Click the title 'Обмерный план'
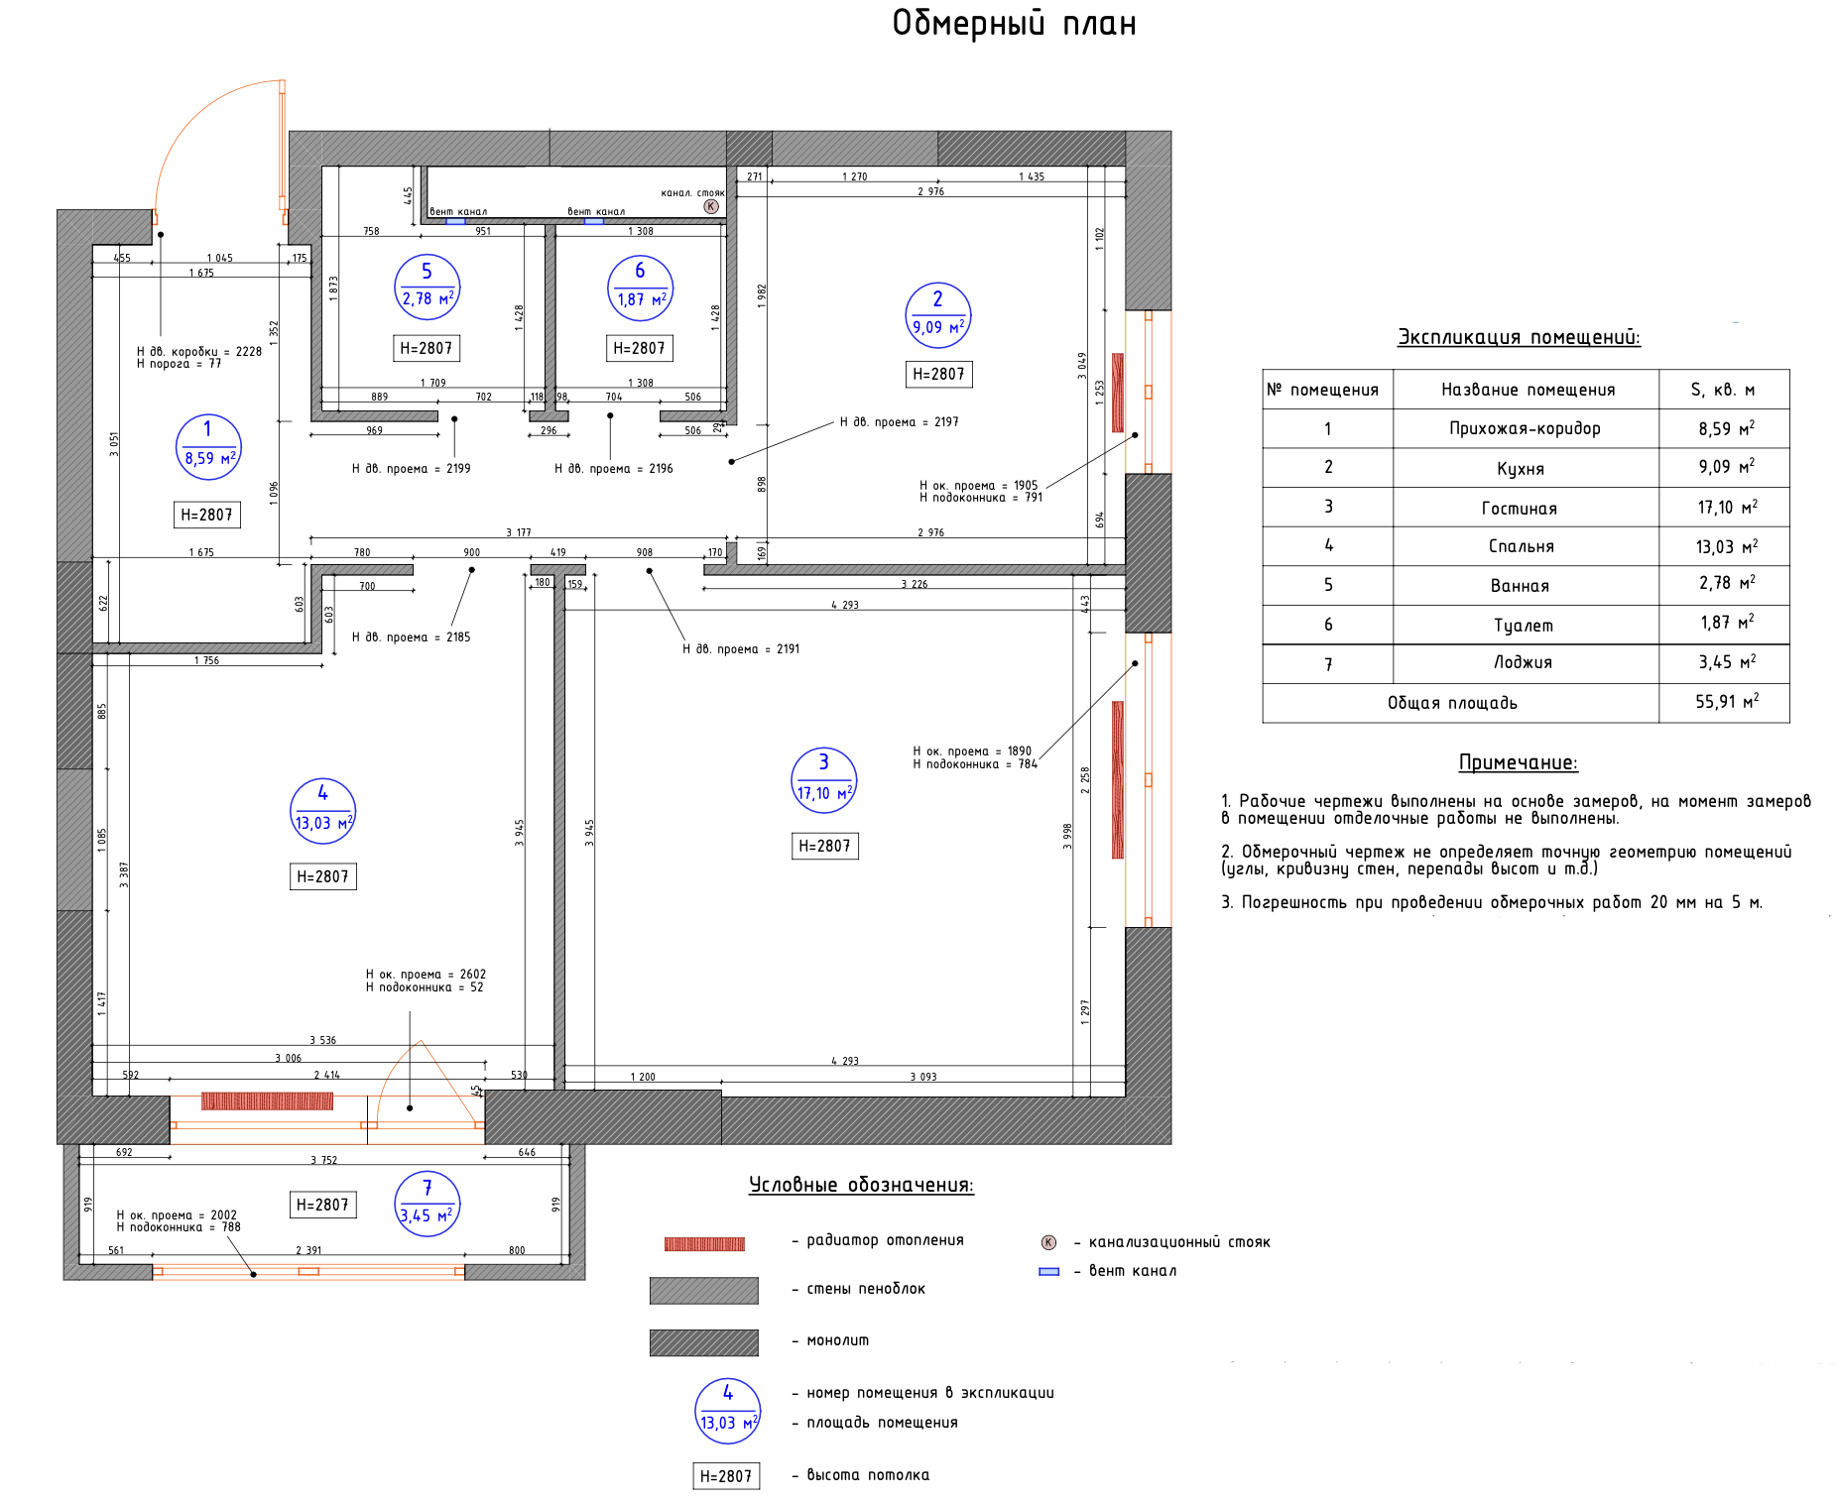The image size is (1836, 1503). pyautogui.click(x=1014, y=23)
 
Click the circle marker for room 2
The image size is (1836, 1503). pyautogui.click(x=937, y=315)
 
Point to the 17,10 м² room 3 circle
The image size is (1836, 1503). pyautogui.click(x=823, y=780)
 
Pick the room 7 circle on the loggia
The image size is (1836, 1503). pyautogui.click(x=428, y=1204)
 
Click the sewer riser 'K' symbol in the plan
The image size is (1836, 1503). pyautogui.click(x=711, y=206)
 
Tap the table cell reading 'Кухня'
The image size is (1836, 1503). pyautogui.click(x=1521, y=468)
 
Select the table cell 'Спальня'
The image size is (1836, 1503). pyautogui.click(x=1521, y=546)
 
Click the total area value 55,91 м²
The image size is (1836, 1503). pyautogui.click(x=1726, y=702)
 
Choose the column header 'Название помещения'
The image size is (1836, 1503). pyautogui.click(x=1528, y=390)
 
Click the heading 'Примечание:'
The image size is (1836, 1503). pyautogui.click(x=1518, y=762)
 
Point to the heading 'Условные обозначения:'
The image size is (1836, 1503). pyautogui.click(x=861, y=1185)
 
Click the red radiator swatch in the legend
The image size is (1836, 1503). pyautogui.click(x=704, y=1243)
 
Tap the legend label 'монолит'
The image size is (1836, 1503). pyautogui.click(x=837, y=1340)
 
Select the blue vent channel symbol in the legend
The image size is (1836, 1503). pyautogui.click(x=1048, y=1271)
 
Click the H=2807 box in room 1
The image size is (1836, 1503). pyautogui.click(x=206, y=515)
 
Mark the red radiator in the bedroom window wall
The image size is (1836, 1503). pyautogui.click(x=267, y=1100)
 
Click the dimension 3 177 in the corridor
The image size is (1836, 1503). pyautogui.click(x=518, y=532)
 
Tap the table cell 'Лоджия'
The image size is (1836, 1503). pyautogui.click(x=1523, y=662)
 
